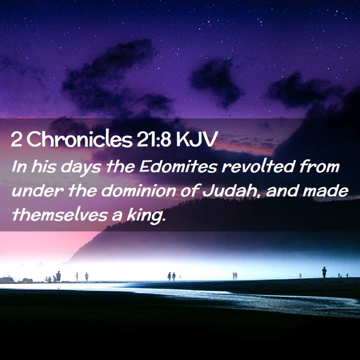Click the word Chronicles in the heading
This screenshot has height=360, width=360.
[x=80, y=139]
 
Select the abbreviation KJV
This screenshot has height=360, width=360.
[x=196, y=139]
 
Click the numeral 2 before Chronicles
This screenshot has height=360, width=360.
[x=16, y=139]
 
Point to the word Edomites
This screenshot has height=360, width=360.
[x=178, y=166]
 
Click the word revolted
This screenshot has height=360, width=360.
[x=258, y=166]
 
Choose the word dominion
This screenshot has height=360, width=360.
[x=138, y=191]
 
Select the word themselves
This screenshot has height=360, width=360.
[x=60, y=215]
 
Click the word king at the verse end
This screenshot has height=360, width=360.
[x=146, y=216]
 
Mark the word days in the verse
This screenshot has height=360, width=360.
[x=81, y=167]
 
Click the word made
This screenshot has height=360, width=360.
[x=326, y=191]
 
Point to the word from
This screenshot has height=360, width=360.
[x=319, y=166]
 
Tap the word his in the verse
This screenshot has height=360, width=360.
[x=44, y=166]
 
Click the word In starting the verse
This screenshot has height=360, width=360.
[x=20, y=166]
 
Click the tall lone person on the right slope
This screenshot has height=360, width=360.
[x=324, y=272]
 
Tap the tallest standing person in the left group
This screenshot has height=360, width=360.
[x=59, y=277]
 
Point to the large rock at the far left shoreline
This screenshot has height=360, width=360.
[x=7, y=280]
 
